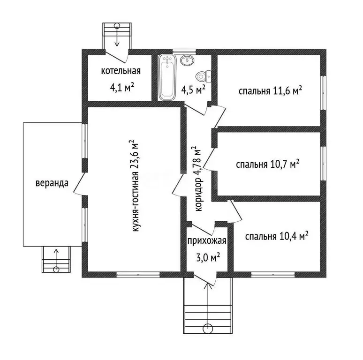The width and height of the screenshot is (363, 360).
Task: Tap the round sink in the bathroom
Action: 187,60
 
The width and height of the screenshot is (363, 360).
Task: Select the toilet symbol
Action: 204,76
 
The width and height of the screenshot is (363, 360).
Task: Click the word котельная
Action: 121,71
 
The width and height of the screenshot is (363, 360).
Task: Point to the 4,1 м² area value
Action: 122,88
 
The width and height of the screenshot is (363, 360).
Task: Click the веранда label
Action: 52,183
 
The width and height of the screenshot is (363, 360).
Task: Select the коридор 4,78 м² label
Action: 198,179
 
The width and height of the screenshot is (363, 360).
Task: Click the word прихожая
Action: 207,241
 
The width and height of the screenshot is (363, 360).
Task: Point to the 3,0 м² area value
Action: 208,257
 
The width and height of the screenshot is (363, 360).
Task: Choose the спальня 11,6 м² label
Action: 270,90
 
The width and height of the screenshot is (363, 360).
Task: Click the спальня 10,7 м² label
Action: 268,164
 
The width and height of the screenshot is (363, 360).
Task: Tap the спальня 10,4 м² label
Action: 277,236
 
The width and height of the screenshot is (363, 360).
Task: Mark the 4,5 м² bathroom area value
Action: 193,90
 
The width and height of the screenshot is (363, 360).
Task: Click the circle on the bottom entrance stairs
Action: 208,328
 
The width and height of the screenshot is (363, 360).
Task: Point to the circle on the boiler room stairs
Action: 117,25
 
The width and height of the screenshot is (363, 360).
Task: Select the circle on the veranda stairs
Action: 56,270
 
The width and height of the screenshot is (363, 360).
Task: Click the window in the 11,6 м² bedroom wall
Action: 324,92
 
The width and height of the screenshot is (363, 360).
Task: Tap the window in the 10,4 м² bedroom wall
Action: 273,275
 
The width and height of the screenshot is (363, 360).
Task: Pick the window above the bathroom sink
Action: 184,52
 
